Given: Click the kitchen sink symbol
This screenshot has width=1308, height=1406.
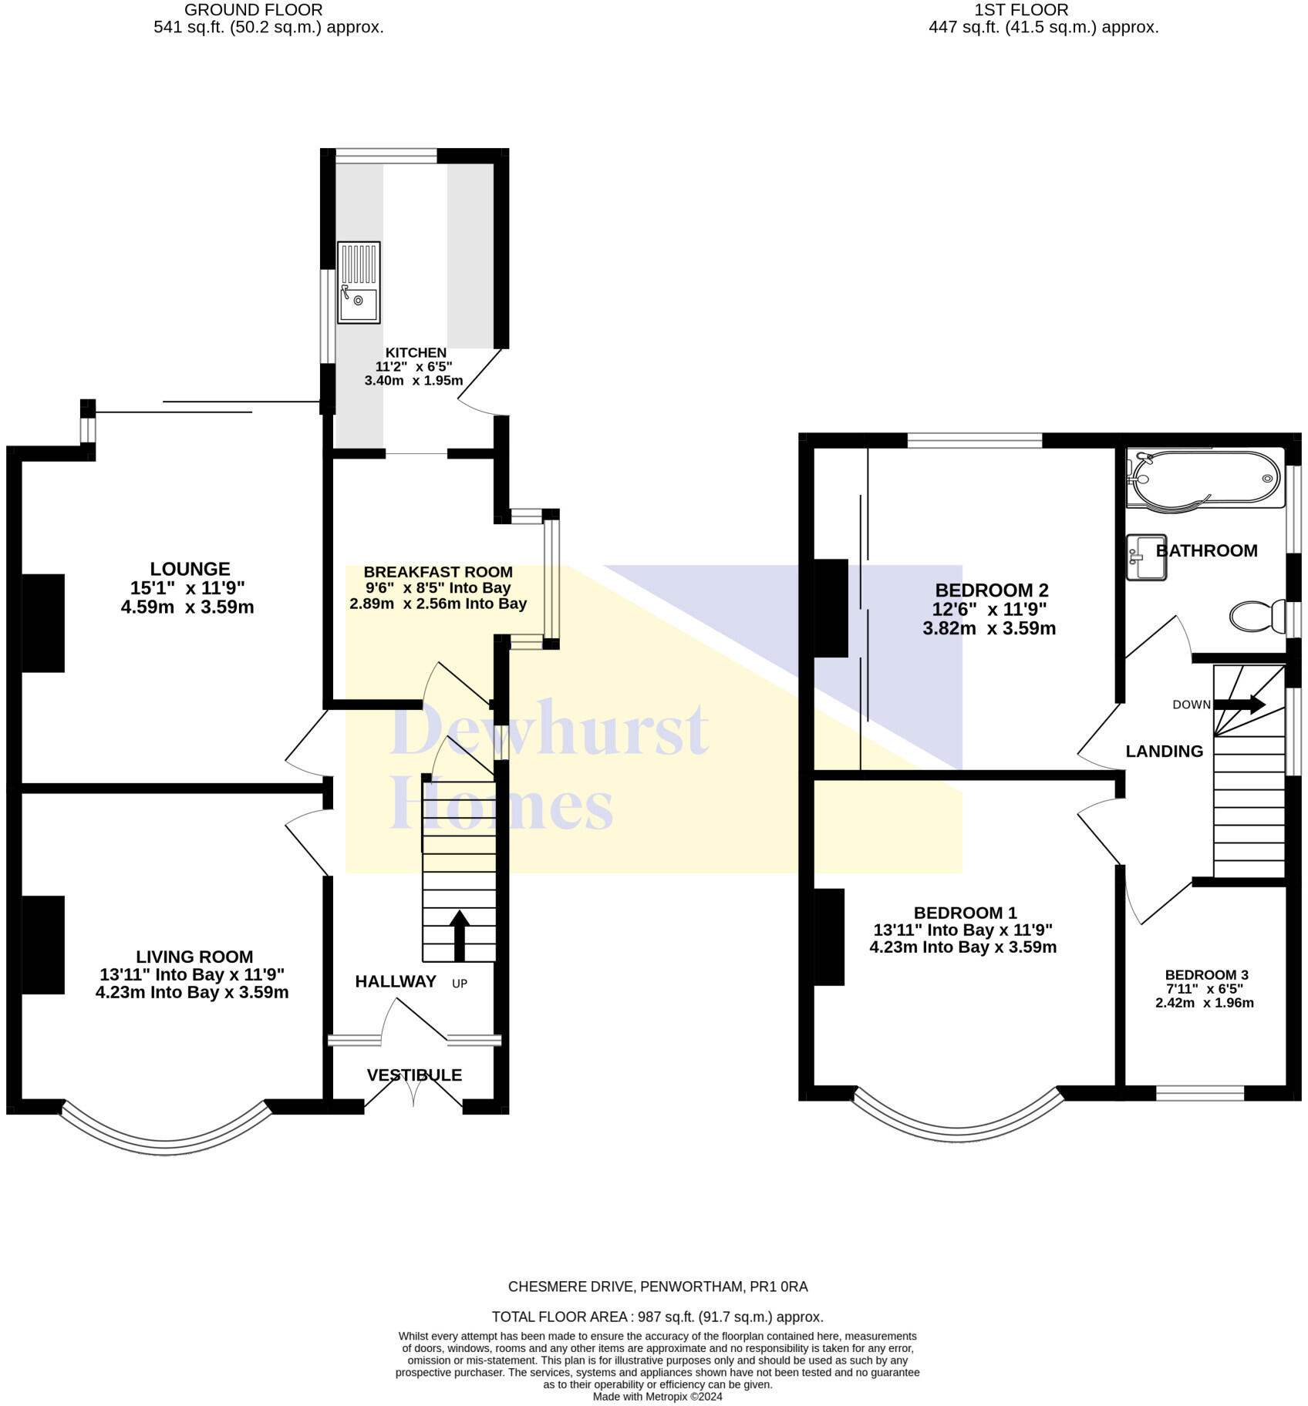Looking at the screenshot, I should click(359, 281).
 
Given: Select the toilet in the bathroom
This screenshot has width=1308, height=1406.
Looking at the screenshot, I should click(1256, 617).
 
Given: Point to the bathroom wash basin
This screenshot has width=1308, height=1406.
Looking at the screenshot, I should click(1145, 557).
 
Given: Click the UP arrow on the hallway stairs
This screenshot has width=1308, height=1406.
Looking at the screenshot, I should click(460, 935).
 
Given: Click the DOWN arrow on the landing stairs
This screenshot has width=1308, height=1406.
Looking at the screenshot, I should click(1239, 704).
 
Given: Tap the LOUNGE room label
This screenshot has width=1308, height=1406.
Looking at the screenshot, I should click(190, 569).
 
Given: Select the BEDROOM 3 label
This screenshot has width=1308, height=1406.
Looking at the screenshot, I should click(1206, 975).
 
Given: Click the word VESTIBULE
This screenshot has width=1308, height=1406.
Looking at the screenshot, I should click(414, 1075).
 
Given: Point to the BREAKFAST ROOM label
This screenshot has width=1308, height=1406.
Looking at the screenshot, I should click(438, 572).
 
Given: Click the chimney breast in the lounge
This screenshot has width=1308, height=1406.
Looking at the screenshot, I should click(43, 623).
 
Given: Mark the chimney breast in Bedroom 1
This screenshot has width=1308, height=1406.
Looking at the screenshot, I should click(829, 937).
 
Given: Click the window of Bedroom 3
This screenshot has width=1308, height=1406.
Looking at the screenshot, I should click(1200, 1092).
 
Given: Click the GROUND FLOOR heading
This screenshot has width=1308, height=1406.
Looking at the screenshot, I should click(253, 10).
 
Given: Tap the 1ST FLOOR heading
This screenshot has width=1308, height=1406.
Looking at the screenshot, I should click(1021, 10).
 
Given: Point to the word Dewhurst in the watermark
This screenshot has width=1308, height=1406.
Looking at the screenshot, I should click(549, 728).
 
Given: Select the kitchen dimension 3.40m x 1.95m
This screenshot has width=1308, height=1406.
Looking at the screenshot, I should click(413, 380).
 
